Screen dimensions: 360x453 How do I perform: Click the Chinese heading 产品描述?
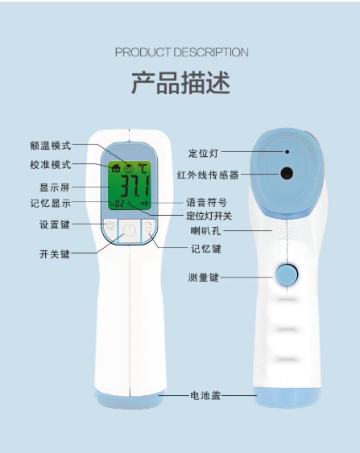(x=180, y=83)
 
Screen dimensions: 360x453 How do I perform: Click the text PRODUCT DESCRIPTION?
(x=181, y=52)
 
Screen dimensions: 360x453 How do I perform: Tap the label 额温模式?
(x=51, y=146)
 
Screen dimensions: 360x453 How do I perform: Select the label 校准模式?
(x=51, y=165)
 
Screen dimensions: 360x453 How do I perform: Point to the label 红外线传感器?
(x=208, y=175)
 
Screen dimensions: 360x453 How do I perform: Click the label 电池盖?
(x=205, y=395)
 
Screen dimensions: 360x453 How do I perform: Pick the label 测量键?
(x=203, y=278)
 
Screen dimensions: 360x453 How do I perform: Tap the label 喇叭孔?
(x=205, y=231)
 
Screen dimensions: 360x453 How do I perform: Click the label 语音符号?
(x=206, y=202)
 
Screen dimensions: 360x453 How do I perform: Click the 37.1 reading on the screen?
(x=135, y=186)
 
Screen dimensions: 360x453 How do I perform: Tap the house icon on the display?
(x=116, y=167)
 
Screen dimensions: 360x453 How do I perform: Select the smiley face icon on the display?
(x=129, y=168)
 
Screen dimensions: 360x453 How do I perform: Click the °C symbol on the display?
(x=143, y=168)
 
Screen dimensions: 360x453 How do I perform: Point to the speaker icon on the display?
(x=144, y=204)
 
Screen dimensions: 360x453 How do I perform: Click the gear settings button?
(x=110, y=225)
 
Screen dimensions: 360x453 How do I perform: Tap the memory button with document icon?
(x=148, y=227)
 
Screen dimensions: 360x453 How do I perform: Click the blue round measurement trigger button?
(x=287, y=274)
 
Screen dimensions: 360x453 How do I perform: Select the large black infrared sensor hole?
(x=287, y=173)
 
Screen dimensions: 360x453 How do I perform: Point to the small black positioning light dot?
(x=288, y=151)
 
